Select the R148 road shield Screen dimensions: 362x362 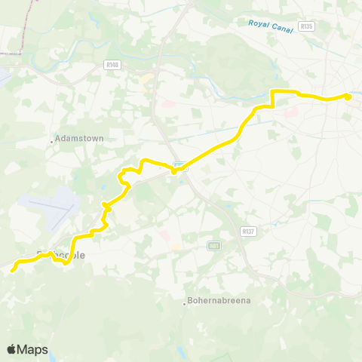113,65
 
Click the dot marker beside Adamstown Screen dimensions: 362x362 52,140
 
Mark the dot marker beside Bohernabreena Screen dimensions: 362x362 186,304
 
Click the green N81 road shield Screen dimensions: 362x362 215,245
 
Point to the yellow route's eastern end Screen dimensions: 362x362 348,96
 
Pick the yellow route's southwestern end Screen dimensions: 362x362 14,265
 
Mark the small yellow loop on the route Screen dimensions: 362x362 124,180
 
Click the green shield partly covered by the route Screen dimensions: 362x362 179,165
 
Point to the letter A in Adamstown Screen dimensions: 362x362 60,140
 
